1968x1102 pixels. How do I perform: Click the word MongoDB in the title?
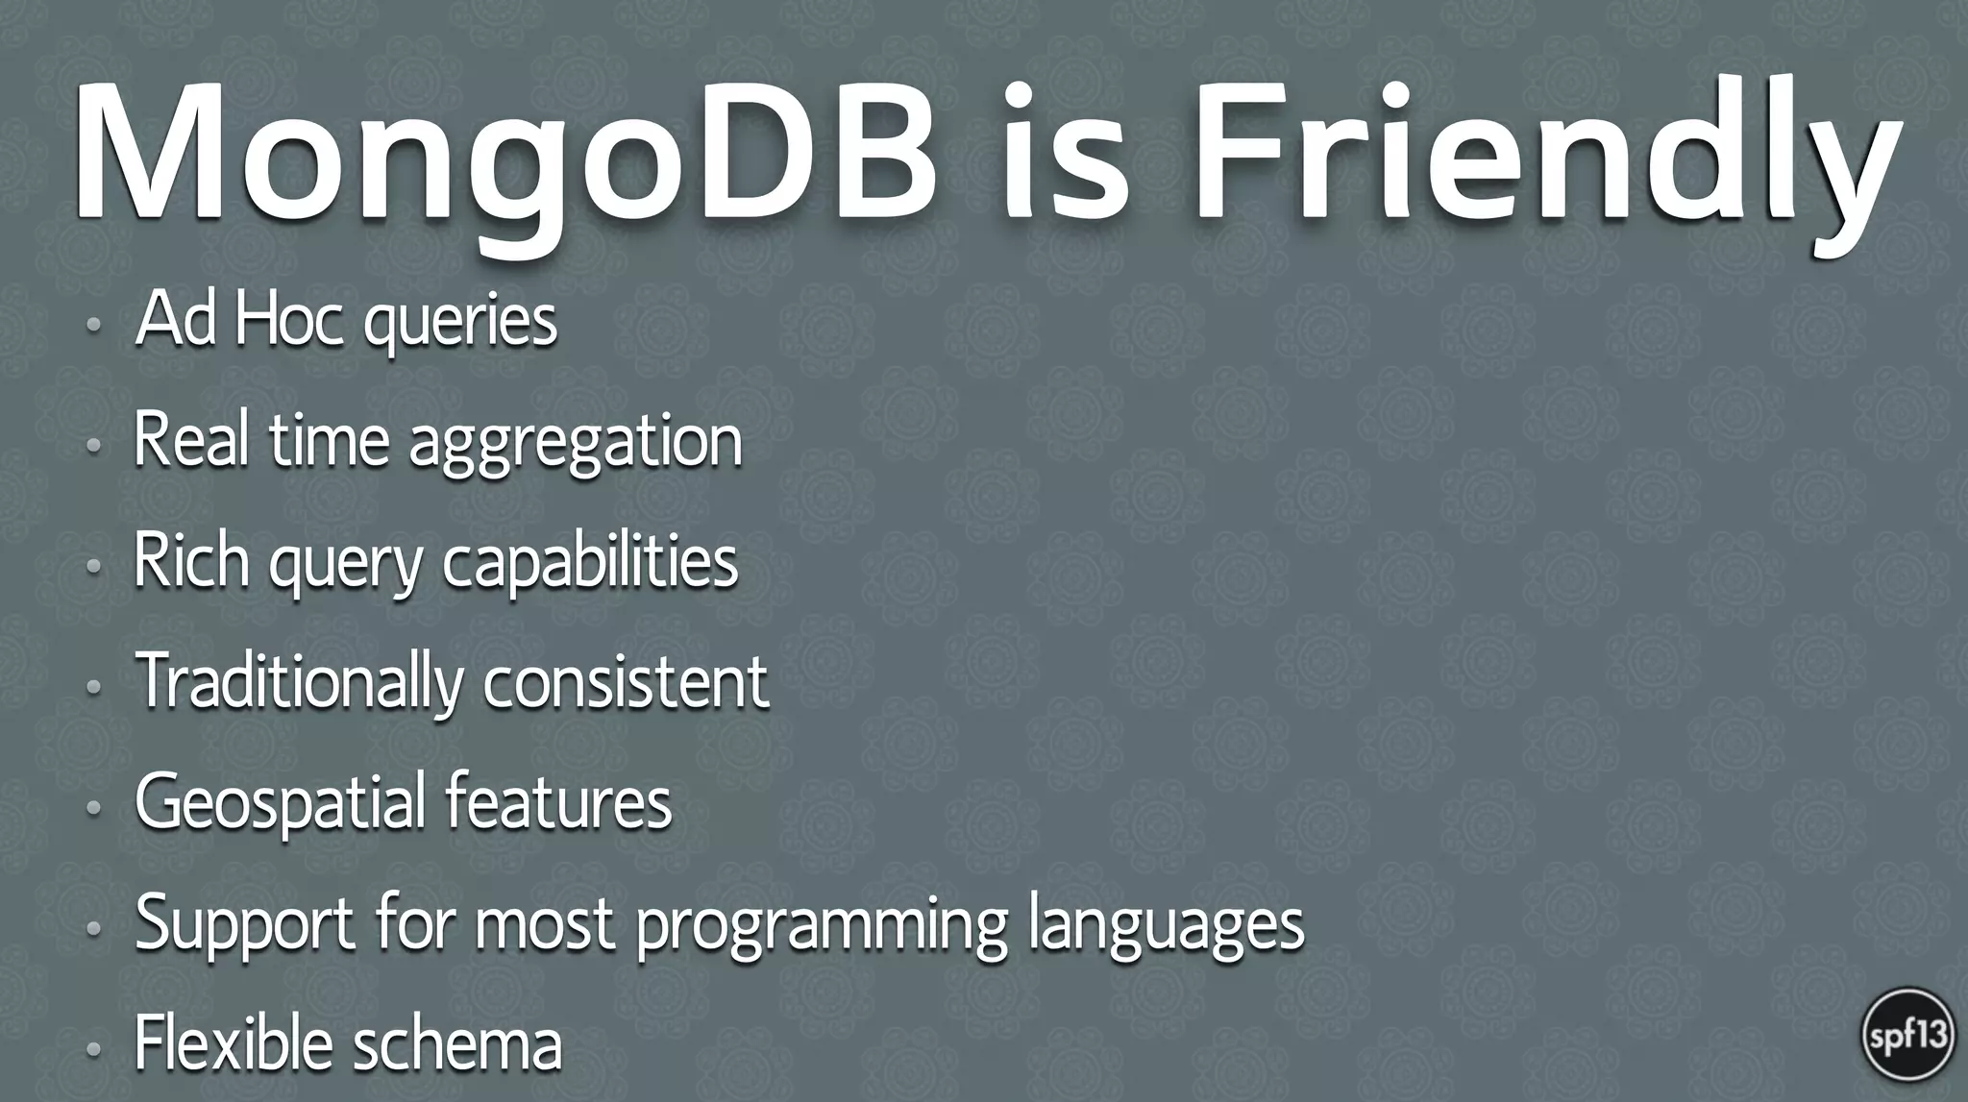point(504,159)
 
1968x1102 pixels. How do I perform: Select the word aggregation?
point(576,444)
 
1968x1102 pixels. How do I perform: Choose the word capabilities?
point(590,564)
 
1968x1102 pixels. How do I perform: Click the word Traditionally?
point(299,683)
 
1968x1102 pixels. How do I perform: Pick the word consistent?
point(626,681)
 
